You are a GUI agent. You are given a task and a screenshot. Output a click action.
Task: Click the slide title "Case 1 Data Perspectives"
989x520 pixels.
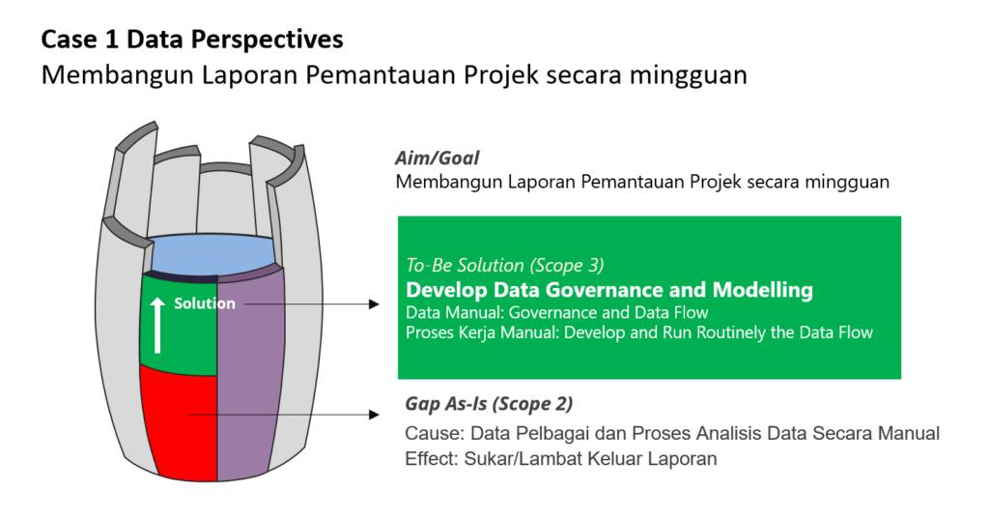[x=192, y=40]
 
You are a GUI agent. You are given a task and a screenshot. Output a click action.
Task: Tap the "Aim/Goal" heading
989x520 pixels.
[x=438, y=158]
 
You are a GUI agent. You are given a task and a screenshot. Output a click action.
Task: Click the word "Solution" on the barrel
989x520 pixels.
[x=205, y=303]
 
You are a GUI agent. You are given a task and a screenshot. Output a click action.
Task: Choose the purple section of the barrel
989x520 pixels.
[x=249, y=372]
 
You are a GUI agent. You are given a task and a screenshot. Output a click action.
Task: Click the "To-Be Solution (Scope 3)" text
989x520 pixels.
[x=504, y=265]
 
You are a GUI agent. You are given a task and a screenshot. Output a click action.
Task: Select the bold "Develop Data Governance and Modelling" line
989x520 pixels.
[x=609, y=290]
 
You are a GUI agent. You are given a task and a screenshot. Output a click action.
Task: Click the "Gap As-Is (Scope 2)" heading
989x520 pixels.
[x=489, y=404]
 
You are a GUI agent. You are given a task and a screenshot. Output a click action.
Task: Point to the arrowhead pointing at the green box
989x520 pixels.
[x=374, y=304]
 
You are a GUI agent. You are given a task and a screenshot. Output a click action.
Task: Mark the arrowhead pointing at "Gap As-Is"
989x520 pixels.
[x=374, y=415]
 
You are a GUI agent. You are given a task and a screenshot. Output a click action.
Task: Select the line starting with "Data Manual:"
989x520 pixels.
[x=557, y=312]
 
